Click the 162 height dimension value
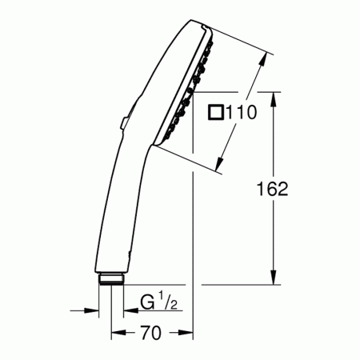point(273,189)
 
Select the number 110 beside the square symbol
point(241,114)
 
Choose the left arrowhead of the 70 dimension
point(115,330)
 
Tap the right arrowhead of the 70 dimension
point(188,330)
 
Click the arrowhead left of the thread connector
point(94,308)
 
